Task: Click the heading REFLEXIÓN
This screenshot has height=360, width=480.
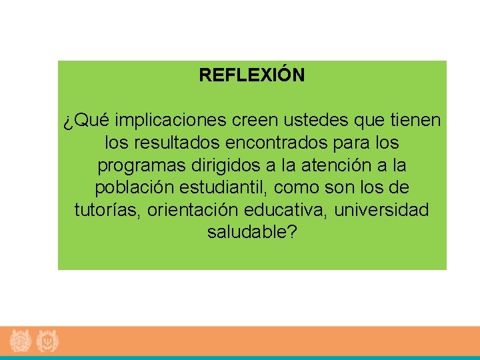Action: pos(251,75)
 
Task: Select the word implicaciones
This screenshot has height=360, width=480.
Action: pos(172,121)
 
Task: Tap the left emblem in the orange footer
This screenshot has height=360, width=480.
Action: pos(21,341)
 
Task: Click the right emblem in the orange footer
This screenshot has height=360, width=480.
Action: pos(48,341)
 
